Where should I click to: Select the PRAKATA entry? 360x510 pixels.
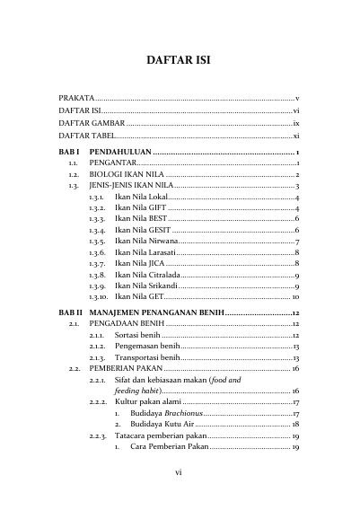[x=76, y=96]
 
